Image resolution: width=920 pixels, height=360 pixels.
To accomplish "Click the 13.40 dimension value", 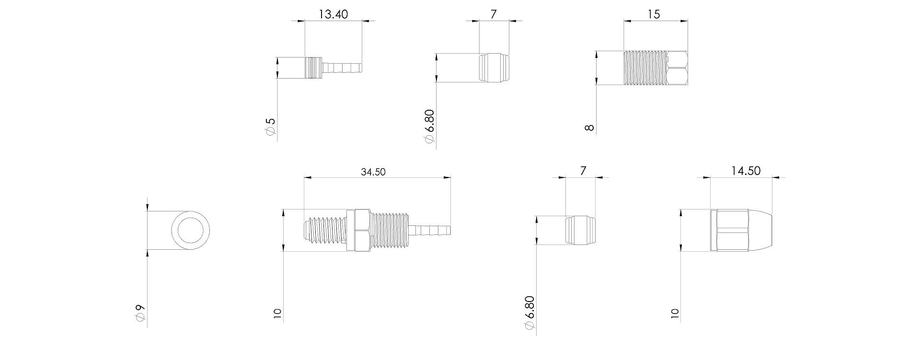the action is coord(333,14).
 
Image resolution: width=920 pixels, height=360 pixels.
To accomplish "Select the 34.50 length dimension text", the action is coord(373,172).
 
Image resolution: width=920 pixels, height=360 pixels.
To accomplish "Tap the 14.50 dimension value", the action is coord(746,171).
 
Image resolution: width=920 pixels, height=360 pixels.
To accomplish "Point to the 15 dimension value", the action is coord(654,14).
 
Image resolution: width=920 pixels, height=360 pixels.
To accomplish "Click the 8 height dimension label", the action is coord(589,128).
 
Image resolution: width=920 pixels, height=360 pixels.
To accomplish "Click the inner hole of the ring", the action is coord(190,230).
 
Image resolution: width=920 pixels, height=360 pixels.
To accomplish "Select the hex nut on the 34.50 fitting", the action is coord(357,230).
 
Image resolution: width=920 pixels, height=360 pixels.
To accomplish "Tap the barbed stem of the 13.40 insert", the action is coord(342,67).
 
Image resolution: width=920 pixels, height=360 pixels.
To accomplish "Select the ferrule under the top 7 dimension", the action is coord(494,67).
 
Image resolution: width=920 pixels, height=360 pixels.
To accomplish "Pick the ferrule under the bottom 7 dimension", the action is coord(581,230).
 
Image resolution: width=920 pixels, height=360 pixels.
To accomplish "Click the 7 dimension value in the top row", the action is coord(494,14).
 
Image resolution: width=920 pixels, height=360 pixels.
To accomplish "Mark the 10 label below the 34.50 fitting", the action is coord(277,314).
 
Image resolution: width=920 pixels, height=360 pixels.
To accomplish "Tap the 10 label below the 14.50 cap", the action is coord(675,314).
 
